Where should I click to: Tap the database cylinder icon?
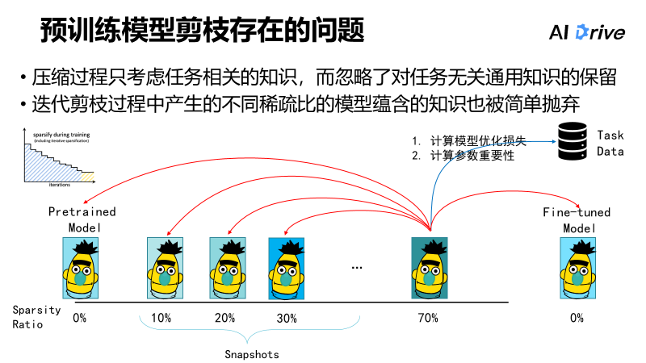coord(573,140)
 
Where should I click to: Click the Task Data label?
coord(610,143)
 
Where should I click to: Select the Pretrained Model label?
coord(82,219)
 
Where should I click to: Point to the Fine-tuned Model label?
coord(577,219)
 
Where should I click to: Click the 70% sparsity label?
coord(428,318)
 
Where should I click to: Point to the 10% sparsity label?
coord(161,318)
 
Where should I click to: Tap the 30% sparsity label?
coord(287,318)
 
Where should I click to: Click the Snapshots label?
coord(251,354)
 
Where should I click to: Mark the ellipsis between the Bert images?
coord(357,266)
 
